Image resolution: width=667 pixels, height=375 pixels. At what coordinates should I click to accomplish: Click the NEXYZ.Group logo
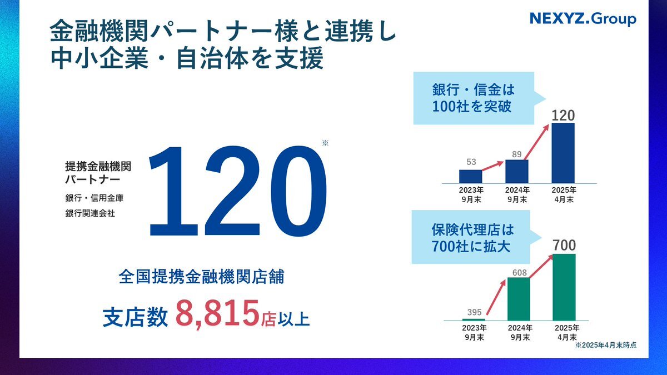click(x=583, y=19)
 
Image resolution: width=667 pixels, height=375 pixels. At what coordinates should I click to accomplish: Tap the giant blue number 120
click(x=238, y=191)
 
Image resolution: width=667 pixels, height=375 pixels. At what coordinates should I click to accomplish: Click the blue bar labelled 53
click(x=470, y=176)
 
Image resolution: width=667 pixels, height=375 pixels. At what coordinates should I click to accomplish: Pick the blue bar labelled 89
click(x=517, y=171)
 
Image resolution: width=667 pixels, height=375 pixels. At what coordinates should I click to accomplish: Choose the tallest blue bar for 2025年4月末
click(x=563, y=153)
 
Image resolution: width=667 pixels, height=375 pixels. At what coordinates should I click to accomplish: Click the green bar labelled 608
click(x=519, y=299)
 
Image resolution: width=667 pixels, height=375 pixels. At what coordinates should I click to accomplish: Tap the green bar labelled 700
click(x=564, y=287)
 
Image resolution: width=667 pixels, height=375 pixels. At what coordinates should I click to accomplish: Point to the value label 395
click(x=474, y=312)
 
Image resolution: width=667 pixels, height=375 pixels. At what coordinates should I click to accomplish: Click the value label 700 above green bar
click(x=565, y=245)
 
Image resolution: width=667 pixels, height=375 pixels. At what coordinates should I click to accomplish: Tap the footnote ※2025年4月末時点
click(x=606, y=345)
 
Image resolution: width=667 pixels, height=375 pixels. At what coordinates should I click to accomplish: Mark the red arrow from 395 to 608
click(x=496, y=297)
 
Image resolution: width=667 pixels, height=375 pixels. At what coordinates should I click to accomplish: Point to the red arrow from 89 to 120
click(x=536, y=142)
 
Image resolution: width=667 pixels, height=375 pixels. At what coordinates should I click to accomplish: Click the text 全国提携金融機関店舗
click(x=201, y=277)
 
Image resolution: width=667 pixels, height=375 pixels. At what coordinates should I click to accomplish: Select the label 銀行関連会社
click(x=90, y=213)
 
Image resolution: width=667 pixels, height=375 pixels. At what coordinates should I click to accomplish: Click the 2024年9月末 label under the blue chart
click(x=517, y=194)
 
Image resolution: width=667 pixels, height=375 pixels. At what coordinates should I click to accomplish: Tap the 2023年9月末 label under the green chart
click(x=474, y=332)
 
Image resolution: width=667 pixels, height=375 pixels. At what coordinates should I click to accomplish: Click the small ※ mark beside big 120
click(x=325, y=143)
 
